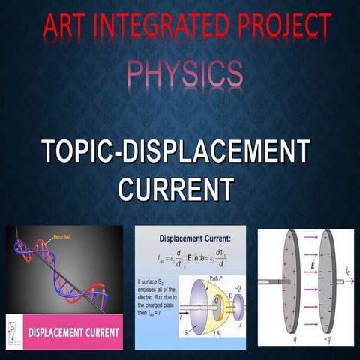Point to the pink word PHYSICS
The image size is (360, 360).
(184, 73)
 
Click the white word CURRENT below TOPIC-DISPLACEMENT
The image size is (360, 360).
(177, 187)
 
